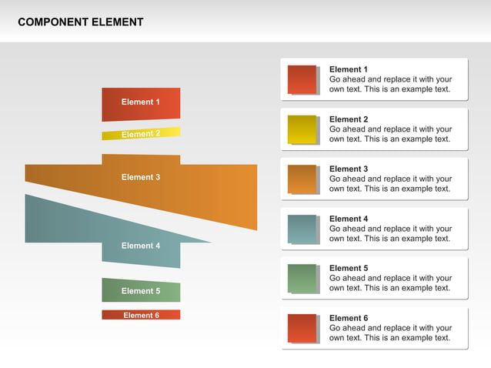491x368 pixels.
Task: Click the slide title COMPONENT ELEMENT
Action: coord(80,22)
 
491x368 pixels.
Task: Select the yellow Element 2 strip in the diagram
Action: coord(141,133)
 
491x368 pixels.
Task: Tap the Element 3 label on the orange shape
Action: coord(141,177)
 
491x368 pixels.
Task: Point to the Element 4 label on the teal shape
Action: coord(141,246)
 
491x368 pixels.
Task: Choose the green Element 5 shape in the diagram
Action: coord(141,290)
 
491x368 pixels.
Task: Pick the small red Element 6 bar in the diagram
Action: coord(141,315)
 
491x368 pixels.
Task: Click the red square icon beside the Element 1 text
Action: coord(302,79)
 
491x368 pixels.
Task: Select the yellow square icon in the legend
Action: coord(302,129)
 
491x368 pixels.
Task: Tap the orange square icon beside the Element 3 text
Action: coord(302,179)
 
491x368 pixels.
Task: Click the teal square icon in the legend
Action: coord(302,229)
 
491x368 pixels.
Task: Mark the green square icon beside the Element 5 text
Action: coord(302,278)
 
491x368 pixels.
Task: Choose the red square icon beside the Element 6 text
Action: coord(302,328)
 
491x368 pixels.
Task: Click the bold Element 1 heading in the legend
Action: coord(349,69)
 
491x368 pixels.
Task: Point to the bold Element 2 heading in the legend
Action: coord(349,119)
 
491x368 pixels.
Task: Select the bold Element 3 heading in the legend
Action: coord(349,169)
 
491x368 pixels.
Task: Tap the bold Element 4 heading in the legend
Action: coord(349,219)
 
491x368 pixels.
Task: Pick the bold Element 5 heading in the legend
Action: coord(349,268)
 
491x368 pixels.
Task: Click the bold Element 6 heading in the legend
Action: coord(349,318)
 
